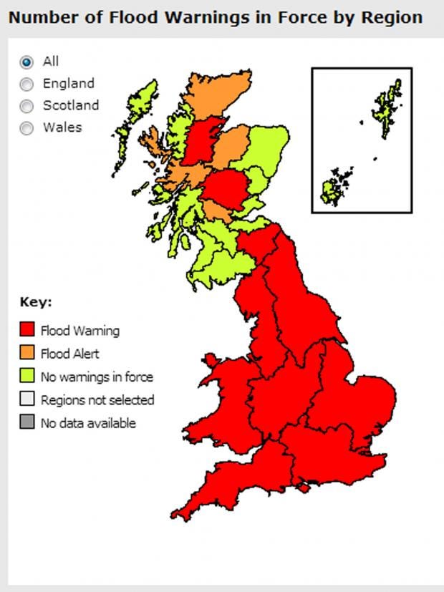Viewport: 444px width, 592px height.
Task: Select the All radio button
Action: (27, 62)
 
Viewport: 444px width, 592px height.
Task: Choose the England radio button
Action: (27, 84)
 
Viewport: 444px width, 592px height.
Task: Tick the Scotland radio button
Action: (27, 106)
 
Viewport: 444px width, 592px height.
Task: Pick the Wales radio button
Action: (27, 128)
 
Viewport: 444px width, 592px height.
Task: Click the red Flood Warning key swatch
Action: (27, 330)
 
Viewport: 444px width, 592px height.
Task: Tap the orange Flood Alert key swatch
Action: (27, 353)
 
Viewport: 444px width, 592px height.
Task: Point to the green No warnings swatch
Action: (27, 377)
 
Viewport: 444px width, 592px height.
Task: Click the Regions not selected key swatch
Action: (27, 399)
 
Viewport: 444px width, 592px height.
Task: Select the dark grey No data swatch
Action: (27, 422)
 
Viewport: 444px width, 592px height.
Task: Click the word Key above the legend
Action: (35, 302)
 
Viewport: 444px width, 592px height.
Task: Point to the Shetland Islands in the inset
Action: (387, 107)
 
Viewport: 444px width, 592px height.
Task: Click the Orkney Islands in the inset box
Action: (335, 186)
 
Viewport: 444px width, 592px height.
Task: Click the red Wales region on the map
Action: (223, 401)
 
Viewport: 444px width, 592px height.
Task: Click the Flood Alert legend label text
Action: (69, 354)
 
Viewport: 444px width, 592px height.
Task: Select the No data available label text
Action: (87, 423)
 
